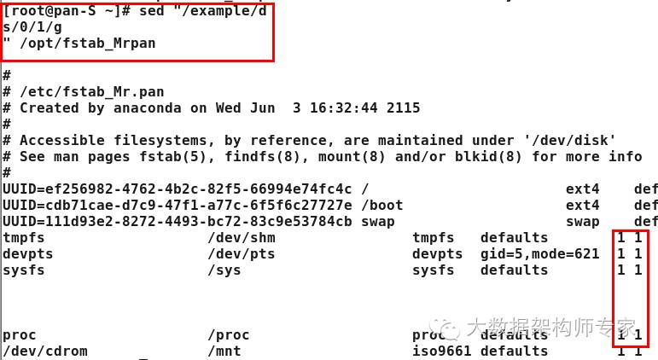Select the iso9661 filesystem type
[438, 351]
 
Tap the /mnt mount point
[224, 351]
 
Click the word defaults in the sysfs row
[514, 270]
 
